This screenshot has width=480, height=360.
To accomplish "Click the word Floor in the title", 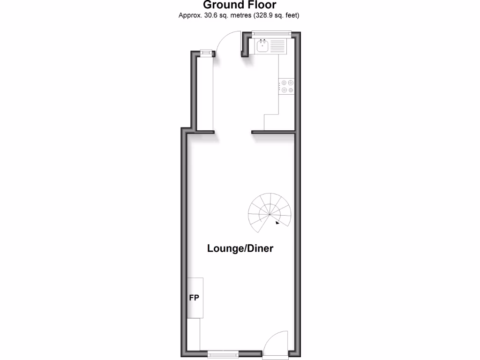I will [x=261, y=5].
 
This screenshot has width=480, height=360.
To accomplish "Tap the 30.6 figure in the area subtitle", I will [x=209, y=15].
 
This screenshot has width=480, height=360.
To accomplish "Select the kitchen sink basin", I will [x=262, y=46].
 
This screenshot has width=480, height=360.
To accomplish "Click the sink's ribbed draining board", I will [x=277, y=46].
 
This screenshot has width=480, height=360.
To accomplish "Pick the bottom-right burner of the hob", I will [x=291, y=90].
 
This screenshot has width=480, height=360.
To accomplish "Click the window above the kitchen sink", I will [x=271, y=33].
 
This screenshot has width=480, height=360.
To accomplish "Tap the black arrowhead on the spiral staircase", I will [x=278, y=223].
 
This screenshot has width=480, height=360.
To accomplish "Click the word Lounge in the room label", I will [x=223, y=248].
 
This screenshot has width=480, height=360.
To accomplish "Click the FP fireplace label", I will [x=194, y=298].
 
